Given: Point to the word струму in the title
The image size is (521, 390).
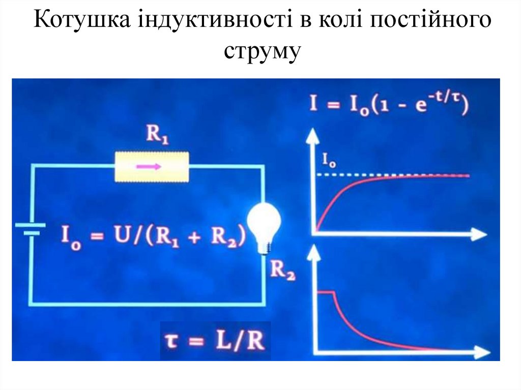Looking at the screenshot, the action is pyautogui.click(x=260, y=52).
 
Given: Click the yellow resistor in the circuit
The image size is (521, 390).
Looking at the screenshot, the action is pyautogui.click(x=152, y=166).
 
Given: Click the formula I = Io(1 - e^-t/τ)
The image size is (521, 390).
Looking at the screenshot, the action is pyautogui.click(x=389, y=106).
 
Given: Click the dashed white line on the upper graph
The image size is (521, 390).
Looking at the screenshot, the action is pyautogui.click(x=346, y=175).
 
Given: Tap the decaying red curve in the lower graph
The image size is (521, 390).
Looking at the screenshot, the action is pyautogui.click(x=366, y=331).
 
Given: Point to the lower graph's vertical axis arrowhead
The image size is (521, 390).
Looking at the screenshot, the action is pyautogui.click(x=315, y=251).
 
